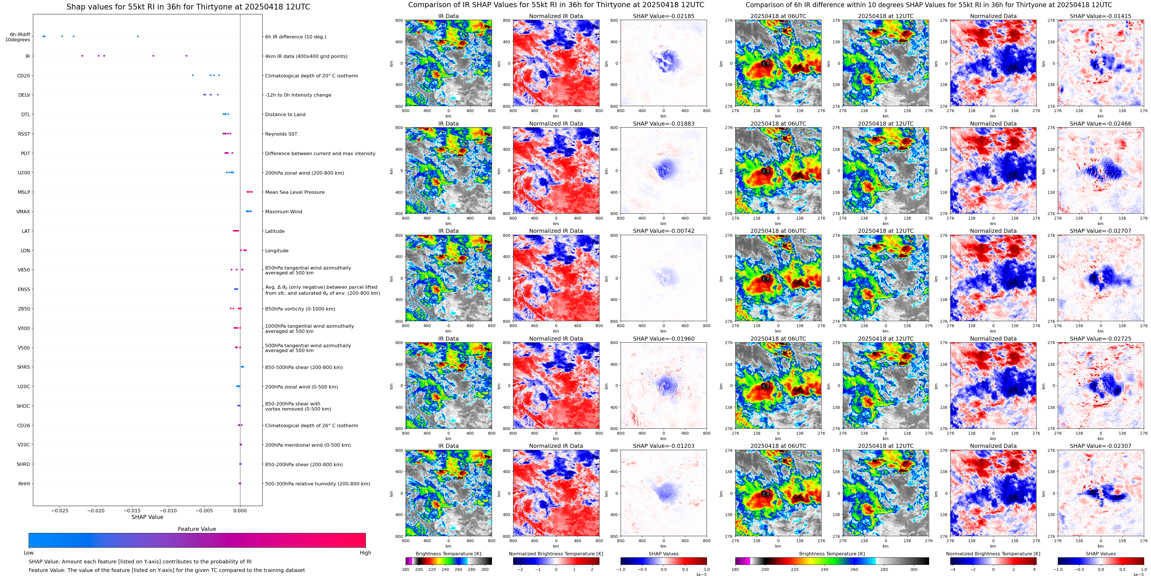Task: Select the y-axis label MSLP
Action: [x=24, y=192]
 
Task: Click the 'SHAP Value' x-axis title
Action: [x=147, y=517]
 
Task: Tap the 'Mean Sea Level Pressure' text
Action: [x=295, y=192]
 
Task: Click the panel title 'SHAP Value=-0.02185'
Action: [x=664, y=16]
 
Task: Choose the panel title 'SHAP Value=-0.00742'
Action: [x=664, y=231]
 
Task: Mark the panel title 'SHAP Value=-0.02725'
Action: [x=1101, y=339]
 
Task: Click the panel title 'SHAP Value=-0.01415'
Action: [x=1101, y=16]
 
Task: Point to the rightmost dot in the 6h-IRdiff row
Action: [x=138, y=36]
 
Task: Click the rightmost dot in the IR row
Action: [x=186, y=56]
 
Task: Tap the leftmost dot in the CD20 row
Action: [x=193, y=75]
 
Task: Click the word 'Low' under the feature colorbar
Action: [x=29, y=553]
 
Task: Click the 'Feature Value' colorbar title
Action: [x=197, y=529]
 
